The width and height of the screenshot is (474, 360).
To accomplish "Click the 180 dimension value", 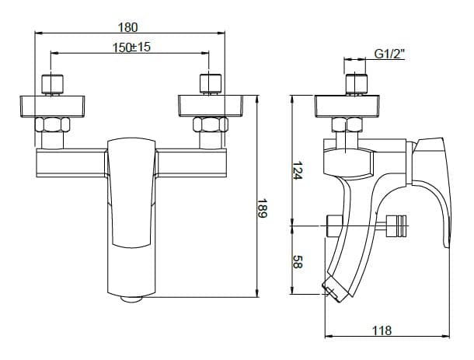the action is point(127,27).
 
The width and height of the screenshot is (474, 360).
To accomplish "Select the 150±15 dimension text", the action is point(131,47).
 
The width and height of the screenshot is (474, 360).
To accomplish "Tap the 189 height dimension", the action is point(262,208).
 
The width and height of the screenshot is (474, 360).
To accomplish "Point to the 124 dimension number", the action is point(298,170).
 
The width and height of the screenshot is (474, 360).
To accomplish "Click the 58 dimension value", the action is point(298,262).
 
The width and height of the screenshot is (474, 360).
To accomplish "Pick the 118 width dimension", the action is point(382,330).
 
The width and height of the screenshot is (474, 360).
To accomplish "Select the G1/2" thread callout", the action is point(389,54).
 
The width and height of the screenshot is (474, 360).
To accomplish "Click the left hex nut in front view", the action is point(53,124).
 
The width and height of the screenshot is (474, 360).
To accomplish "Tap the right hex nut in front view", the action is point(211,124).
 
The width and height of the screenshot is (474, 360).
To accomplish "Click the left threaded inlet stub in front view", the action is point(53,84).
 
